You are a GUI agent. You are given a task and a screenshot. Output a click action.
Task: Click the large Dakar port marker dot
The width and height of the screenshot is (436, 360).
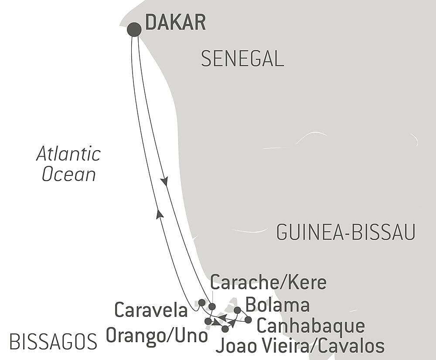pos(134,30)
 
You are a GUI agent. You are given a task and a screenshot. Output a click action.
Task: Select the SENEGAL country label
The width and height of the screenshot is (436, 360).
pos(242,58)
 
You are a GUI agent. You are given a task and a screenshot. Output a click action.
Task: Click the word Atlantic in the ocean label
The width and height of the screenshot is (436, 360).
pos(68,154)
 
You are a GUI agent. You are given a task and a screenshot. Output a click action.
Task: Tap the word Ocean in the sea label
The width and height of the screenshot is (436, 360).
pos(68,175)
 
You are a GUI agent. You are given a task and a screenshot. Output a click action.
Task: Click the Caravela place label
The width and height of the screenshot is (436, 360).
pos(151,310)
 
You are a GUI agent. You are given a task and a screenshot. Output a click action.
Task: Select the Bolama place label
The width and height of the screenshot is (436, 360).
pos(278,305)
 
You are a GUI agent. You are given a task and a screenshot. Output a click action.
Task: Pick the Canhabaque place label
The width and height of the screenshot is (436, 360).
pos(310,326)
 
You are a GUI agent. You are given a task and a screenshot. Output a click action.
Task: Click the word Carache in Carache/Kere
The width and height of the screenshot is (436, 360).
pos(245,283)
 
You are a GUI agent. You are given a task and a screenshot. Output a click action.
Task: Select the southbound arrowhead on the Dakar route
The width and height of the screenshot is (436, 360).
pos(164,181)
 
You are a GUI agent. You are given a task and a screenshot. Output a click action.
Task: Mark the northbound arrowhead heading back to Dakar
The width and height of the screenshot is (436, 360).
pos(160,213)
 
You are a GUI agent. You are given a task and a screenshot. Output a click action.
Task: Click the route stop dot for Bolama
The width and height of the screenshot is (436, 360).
pos(237,310)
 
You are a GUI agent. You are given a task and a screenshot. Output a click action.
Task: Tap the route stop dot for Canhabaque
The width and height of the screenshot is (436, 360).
pos(248,320)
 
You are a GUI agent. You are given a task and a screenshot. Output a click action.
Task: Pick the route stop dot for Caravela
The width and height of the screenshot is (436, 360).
pos(201,302)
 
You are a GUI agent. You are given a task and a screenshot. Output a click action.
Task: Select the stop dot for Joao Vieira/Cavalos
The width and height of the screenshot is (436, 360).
pos(225,329)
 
